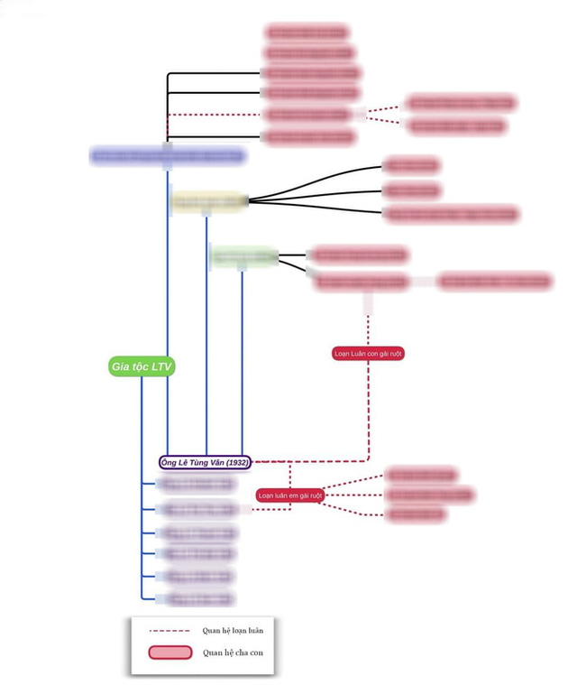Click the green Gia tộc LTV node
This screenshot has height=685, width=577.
(x=142, y=366)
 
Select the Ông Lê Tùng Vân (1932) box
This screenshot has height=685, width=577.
(x=206, y=462)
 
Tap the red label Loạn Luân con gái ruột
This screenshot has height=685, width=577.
(x=368, y=354)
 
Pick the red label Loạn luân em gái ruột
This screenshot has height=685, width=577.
(x=289, y=495)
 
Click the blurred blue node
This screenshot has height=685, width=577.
(x=168, y=156)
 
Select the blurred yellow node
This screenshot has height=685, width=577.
(x=209, y=201)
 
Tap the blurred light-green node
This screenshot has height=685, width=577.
(x=244, y=257)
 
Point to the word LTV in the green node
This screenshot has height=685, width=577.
(x=161, y=366)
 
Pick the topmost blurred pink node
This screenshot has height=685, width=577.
(x=307, y=32)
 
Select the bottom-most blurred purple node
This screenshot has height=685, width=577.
(x=196, y=598)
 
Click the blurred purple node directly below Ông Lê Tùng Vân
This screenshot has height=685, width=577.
(x=196, y=485)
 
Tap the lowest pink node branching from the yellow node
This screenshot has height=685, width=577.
(x=451, y=214)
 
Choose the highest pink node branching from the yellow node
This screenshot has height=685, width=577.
(x=411, y=165)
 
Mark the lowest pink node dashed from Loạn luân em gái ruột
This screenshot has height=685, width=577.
(x=416, y=514)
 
